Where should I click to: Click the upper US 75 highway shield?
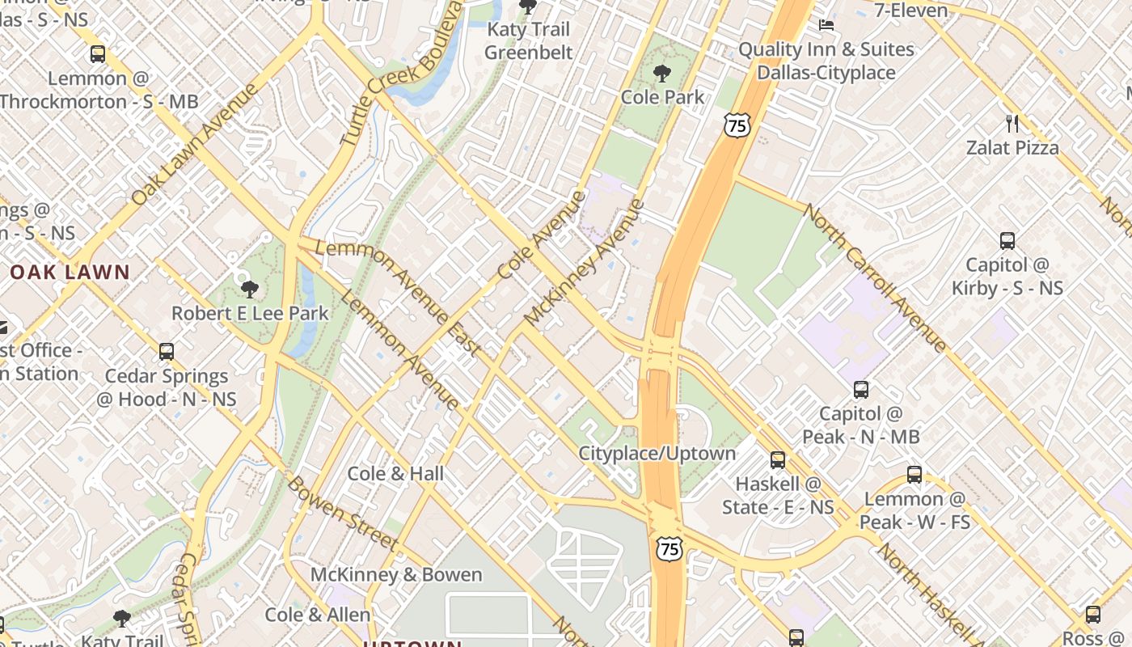(x=737, y=125)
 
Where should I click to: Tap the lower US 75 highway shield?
(x=669, y=548)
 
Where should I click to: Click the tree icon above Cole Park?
(x=661, y=74)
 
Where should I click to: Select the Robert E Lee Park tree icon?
(x=250, y=289)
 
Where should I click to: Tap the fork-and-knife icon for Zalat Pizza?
(x=1012, y=124)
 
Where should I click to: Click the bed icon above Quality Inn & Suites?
(x=826, y=25)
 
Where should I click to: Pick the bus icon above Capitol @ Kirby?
(x=1007, y=240)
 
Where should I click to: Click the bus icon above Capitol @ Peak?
(x=860, y=390)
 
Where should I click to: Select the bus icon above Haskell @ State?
(x=777, y=460)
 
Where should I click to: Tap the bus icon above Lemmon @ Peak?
(x=914, y=475)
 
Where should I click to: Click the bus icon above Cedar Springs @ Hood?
(x=167, y=352)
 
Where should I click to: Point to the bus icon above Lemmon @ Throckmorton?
(x=98, y=55)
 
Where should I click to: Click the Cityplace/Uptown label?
(x=657, y=453)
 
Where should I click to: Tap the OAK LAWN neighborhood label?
(x=70, y=272)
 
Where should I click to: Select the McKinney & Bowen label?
(x=396, y=575)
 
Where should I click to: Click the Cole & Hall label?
(x=395, y=473)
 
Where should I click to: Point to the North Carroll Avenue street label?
(x=874, y=277)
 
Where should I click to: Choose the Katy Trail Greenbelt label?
(x=529, y=41)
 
